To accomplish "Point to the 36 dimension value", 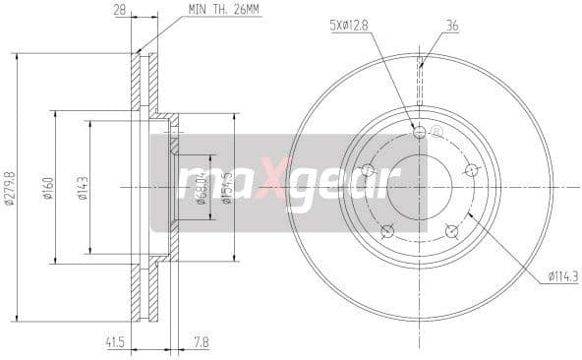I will tap(425, 27).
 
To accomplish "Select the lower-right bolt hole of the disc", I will tap(451, 231).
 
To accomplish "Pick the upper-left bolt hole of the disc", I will tap(369, 171).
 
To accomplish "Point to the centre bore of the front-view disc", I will tap(420, 186).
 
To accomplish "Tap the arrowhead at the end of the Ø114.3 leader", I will tap(469, 212).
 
